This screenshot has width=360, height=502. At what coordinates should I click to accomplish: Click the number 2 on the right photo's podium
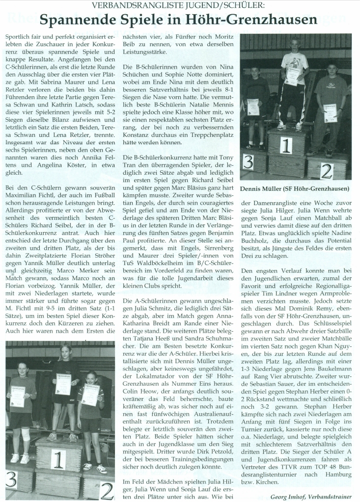pyautogui.click(x=326, y=171)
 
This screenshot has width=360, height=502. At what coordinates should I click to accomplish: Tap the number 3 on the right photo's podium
pyautogui.click(x=248, y=162)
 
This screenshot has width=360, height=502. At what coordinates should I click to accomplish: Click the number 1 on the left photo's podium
pyautogui.click(x=58, y=459)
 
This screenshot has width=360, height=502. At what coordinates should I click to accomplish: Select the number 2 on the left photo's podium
pyautogui.click(x=107, y=490)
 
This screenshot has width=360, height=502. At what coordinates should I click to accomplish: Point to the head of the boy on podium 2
pyautogui.click(x=332, y=67)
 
